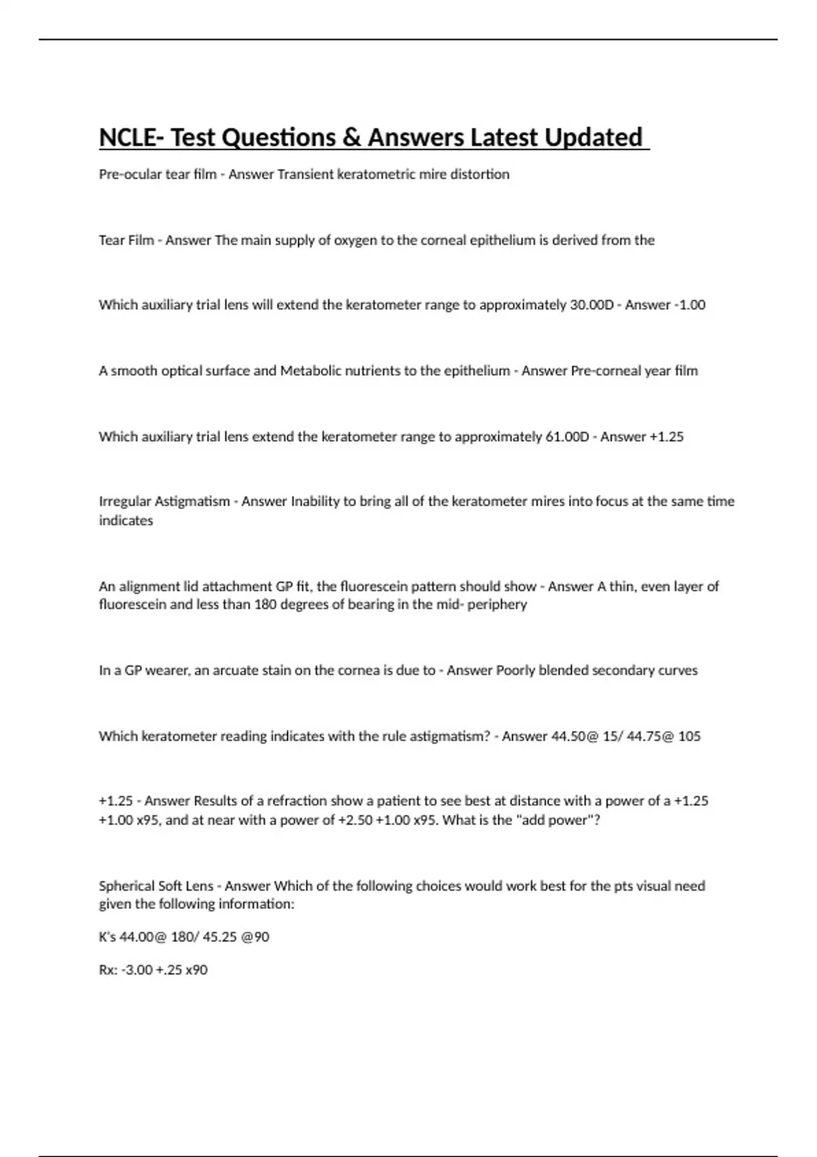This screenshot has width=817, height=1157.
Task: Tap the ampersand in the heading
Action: (x=351, y=137)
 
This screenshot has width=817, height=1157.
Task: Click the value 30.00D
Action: (x=590, y=305)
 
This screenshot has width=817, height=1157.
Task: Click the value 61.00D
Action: (x=567, y=437)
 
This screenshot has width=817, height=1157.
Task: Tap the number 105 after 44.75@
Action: (x=689, y=736)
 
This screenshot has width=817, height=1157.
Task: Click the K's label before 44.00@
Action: (x=108, y=937)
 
